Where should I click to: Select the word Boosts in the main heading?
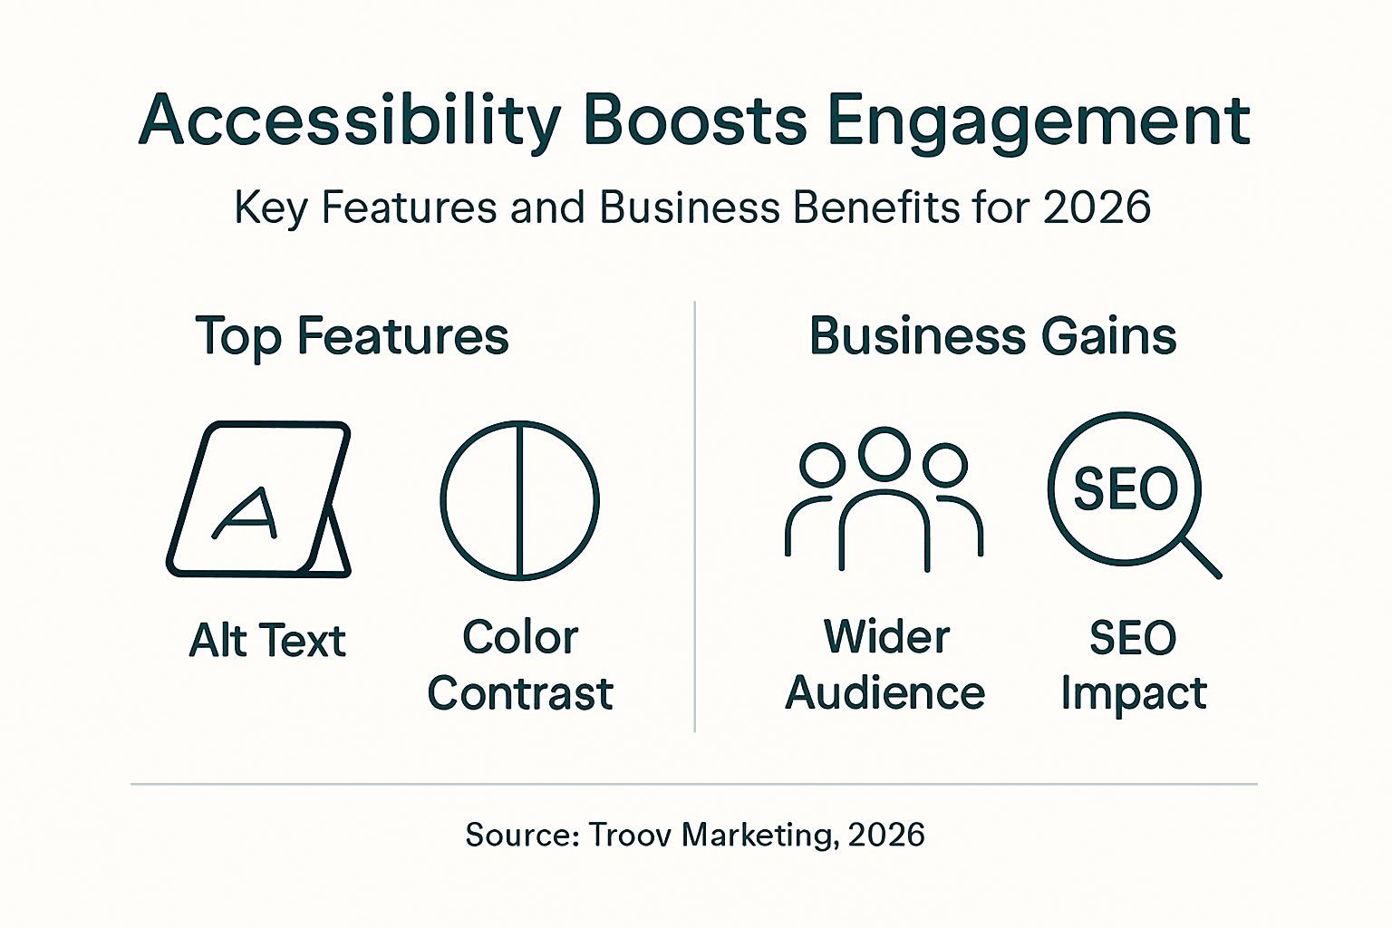(x=694, y=120)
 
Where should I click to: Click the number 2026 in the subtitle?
(x=1097, y=207)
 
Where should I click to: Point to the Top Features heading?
(x=352, y=337)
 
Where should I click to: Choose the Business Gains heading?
(x=992, y=336)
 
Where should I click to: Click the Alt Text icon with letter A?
(x=257, y=499)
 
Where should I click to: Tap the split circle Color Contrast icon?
(x=519, y=499)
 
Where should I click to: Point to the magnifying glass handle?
(x=1201, y=556)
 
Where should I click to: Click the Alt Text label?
(x=267, y=641)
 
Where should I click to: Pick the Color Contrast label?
(x=520, y=665)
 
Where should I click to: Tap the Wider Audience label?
(x=885, y=665)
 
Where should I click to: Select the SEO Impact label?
(x=1133, y=665)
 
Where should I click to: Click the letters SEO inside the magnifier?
(x=1126, y=488)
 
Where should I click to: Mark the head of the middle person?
(x=884, y=453)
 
